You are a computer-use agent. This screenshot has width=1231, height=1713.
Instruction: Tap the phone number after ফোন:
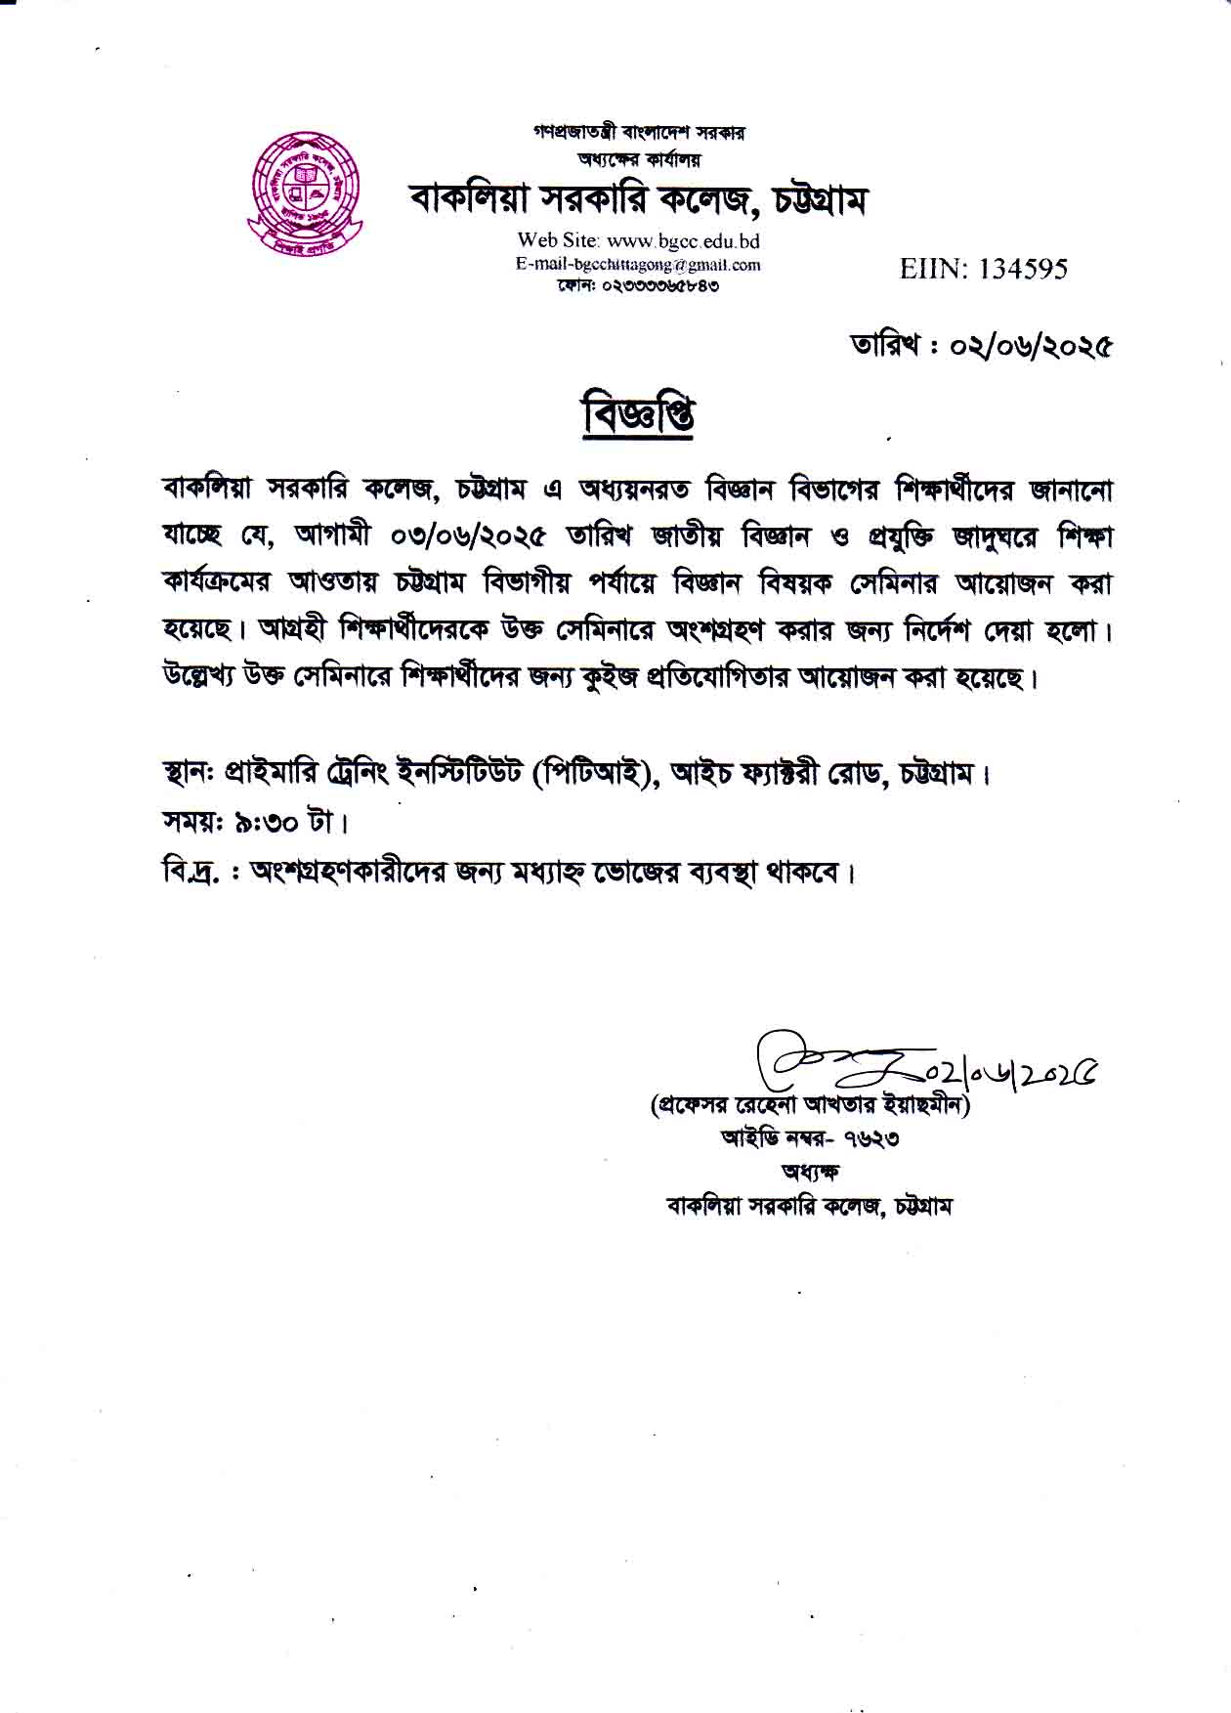661,286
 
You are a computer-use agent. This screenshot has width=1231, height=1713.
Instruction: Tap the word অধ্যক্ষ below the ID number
809,1171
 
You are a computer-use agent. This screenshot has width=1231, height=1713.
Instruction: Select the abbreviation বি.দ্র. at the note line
191,870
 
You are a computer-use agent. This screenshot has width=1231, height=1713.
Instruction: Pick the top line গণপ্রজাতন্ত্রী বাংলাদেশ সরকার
638,131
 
